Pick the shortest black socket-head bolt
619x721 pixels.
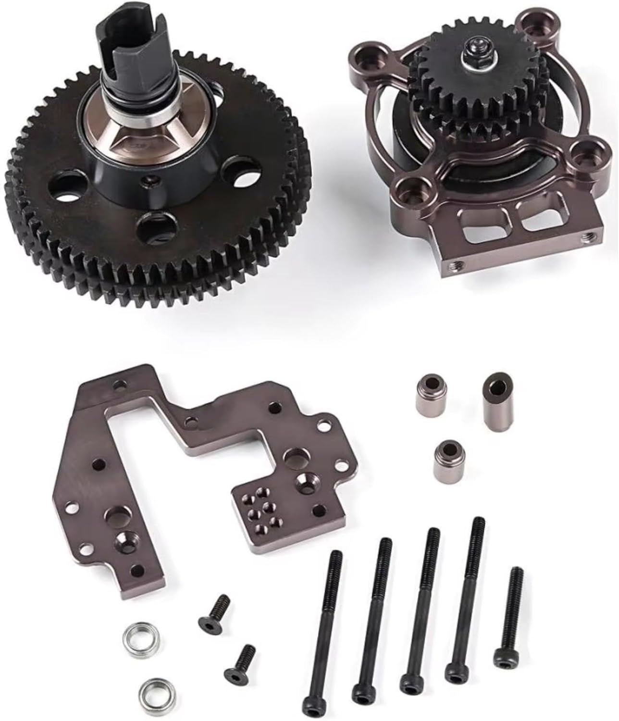pos(509,615)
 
